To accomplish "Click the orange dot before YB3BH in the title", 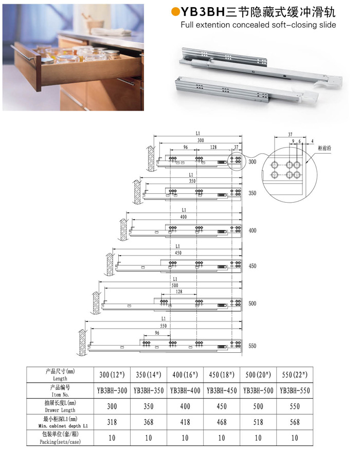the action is click(175, 12).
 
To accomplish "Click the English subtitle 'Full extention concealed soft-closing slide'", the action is click(258, 25).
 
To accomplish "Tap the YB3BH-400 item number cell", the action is click(185, 390).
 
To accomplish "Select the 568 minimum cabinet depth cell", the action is click(295, 422).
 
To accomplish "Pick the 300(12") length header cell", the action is click(112, 374).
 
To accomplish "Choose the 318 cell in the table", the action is click(112, 422).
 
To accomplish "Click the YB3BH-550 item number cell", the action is click(295, 390).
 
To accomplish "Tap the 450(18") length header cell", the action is click(222, 374).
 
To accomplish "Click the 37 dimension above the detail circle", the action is click(290, 134).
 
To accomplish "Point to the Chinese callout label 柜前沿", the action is click(325, 148).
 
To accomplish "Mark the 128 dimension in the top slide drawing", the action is click(213, 147).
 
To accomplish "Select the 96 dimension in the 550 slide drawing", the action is click(157, 333).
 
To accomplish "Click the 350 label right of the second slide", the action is click(253, 193).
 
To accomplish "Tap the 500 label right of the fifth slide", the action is click(253, 303).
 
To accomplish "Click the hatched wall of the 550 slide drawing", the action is click(82, 343).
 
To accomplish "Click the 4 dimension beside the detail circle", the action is click(313, 141).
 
